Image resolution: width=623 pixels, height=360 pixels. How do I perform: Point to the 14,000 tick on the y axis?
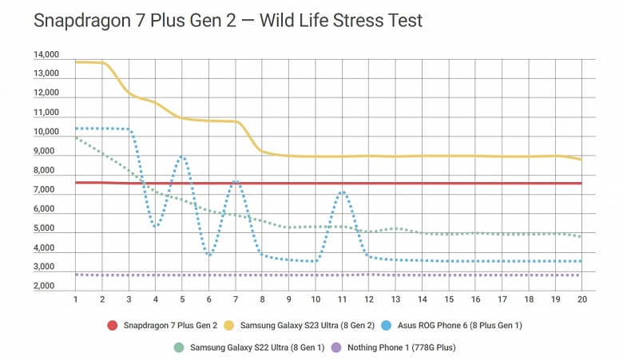point(46,55)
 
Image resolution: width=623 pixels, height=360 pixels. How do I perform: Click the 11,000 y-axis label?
point(46,113)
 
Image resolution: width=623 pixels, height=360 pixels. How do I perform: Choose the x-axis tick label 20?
point(582,299)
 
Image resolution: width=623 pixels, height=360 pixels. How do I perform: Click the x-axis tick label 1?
point(75,299)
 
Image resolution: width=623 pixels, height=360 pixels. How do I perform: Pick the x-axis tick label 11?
point(342,299)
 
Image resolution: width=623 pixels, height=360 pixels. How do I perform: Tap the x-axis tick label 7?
point(236,299)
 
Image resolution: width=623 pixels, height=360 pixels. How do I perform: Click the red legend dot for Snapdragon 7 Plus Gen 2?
point(113,326)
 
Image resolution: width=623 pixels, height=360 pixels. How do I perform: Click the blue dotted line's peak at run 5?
point(182,156)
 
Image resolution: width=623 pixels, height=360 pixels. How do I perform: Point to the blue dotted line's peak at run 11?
point(342,192)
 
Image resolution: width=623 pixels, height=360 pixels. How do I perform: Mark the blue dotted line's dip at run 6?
point(209,255)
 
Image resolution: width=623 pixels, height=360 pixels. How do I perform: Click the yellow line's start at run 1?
point(75,61)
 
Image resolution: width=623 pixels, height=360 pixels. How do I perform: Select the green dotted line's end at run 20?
point(581,236)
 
